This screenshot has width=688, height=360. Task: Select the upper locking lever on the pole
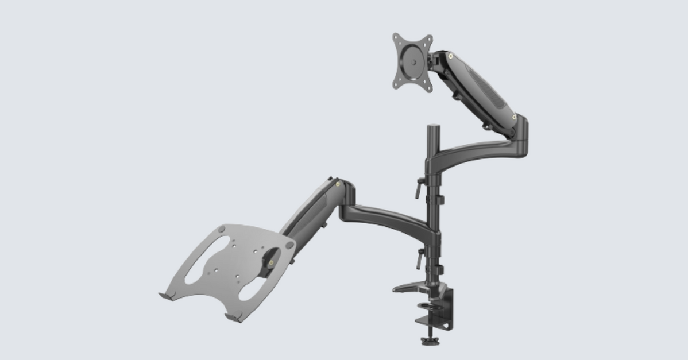[x=419, y=188]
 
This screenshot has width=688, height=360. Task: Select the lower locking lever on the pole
[x=420, y=258]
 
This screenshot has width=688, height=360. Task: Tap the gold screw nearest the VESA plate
[x=451, y=56]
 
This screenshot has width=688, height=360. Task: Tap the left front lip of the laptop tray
[x=167, y=296]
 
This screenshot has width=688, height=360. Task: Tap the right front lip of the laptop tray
[x=233, y=316]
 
